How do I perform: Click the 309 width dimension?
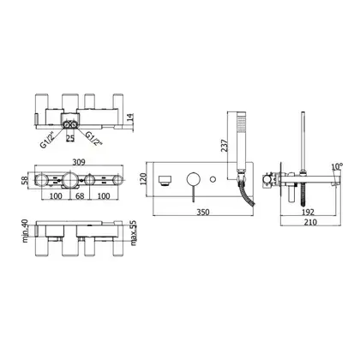(79, 162)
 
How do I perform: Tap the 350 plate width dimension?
(203, 213)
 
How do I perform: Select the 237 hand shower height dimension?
(225, 146)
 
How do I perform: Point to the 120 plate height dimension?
(143, 179)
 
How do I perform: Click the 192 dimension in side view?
(308, 213)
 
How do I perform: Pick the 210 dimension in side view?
(310, 222)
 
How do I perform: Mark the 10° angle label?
(337, 166)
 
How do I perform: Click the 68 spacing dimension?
(80, 196)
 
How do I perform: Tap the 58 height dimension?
(25, 180)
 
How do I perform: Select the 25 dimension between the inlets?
(70, 138)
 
